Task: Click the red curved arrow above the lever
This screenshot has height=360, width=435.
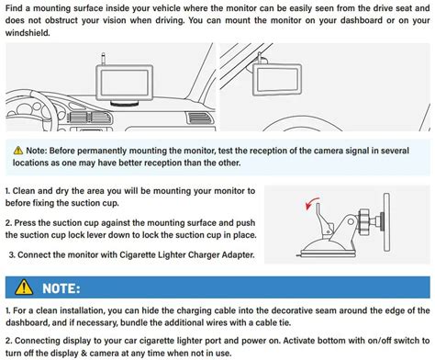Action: [310, 203]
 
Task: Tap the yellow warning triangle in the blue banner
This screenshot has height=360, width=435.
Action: [24, 287]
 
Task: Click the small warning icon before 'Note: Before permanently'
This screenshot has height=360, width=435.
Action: [18, 151]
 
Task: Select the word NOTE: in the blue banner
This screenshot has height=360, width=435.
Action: [61, 288]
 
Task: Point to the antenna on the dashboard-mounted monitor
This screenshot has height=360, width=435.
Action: [104, 59]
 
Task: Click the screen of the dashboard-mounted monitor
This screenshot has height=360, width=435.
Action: [125, 82]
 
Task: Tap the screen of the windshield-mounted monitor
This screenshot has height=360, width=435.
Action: [277, 79]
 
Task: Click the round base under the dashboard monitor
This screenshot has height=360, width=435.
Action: [124, 104]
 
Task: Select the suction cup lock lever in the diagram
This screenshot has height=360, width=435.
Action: [323, 219]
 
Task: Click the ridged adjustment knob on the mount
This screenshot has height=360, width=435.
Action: [364, 220]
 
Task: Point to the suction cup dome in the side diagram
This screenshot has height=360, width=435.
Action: [327, 245]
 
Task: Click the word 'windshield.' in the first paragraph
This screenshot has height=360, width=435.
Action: [28, 33]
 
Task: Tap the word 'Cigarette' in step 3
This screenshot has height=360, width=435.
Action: [137, 254]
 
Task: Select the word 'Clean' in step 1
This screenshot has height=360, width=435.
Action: [24, 191]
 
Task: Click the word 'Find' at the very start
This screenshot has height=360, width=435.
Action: [14, 8]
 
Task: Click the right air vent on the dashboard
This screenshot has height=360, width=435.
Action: [198, 118]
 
